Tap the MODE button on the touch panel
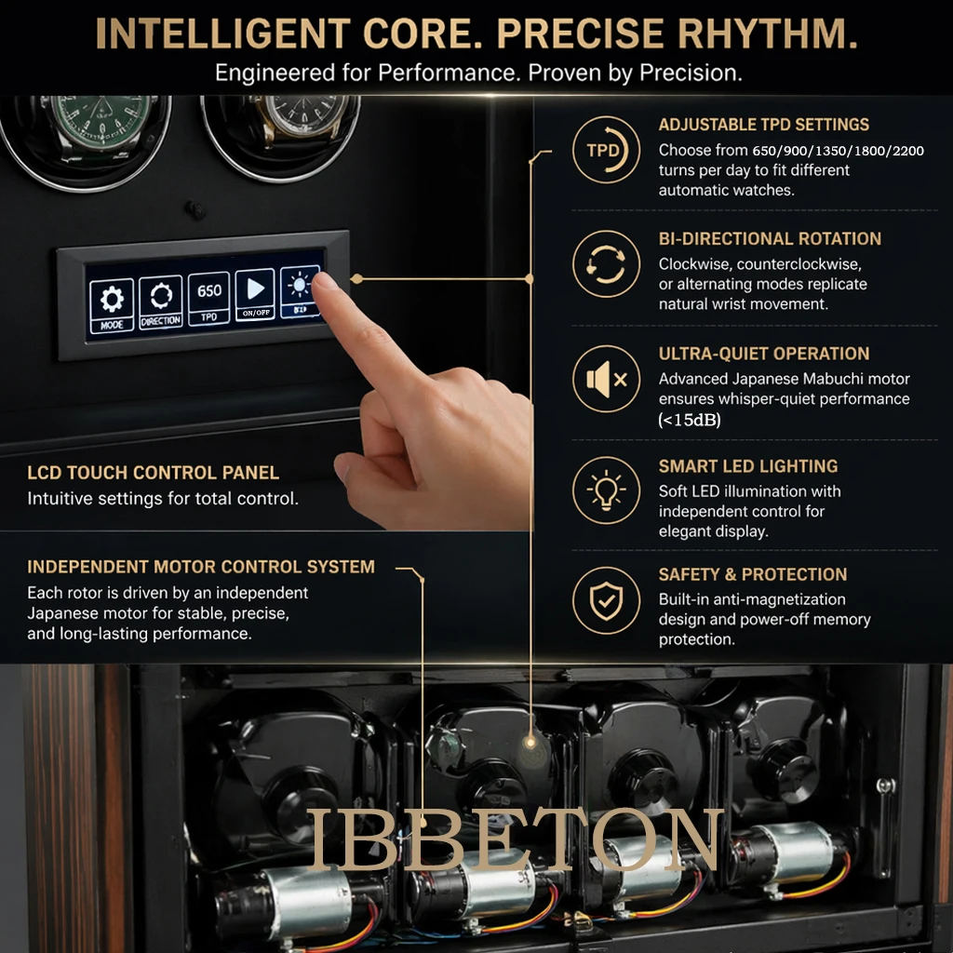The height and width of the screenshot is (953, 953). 112,305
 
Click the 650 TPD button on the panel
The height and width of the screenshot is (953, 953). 209,299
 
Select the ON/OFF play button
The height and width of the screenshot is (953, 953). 255,294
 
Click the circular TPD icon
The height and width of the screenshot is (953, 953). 606,150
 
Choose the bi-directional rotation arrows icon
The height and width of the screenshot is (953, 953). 606,264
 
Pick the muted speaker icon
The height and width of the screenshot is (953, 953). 606,380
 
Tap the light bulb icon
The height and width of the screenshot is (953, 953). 606,490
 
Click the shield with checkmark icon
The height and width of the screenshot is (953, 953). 606,600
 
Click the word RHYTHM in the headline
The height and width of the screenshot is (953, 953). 767,34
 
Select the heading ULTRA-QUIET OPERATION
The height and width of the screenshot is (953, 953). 764,354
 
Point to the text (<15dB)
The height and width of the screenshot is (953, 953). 690,420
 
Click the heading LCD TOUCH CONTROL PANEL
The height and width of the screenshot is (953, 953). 154,473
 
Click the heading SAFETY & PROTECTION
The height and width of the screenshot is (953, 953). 753,574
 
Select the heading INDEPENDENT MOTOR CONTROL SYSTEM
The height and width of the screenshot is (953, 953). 201,567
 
